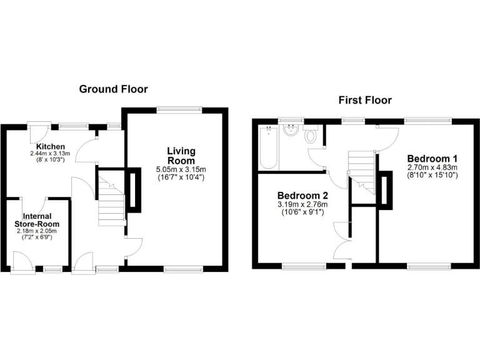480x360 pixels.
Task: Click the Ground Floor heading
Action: [x=113, y=89]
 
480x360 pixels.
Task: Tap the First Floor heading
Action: [x=365, y=100]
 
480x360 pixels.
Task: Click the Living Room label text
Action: [x=181, y=156]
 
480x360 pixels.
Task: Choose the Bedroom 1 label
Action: [x=432, y=158]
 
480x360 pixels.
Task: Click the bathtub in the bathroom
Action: [x=268, y=148]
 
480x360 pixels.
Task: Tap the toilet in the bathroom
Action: [x=311, y=136]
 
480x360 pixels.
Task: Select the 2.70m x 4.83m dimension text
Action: [x=432, y=167]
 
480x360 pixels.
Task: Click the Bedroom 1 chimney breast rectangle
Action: [x=386, y=191]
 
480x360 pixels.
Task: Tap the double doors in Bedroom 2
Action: [x=342, y=240]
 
